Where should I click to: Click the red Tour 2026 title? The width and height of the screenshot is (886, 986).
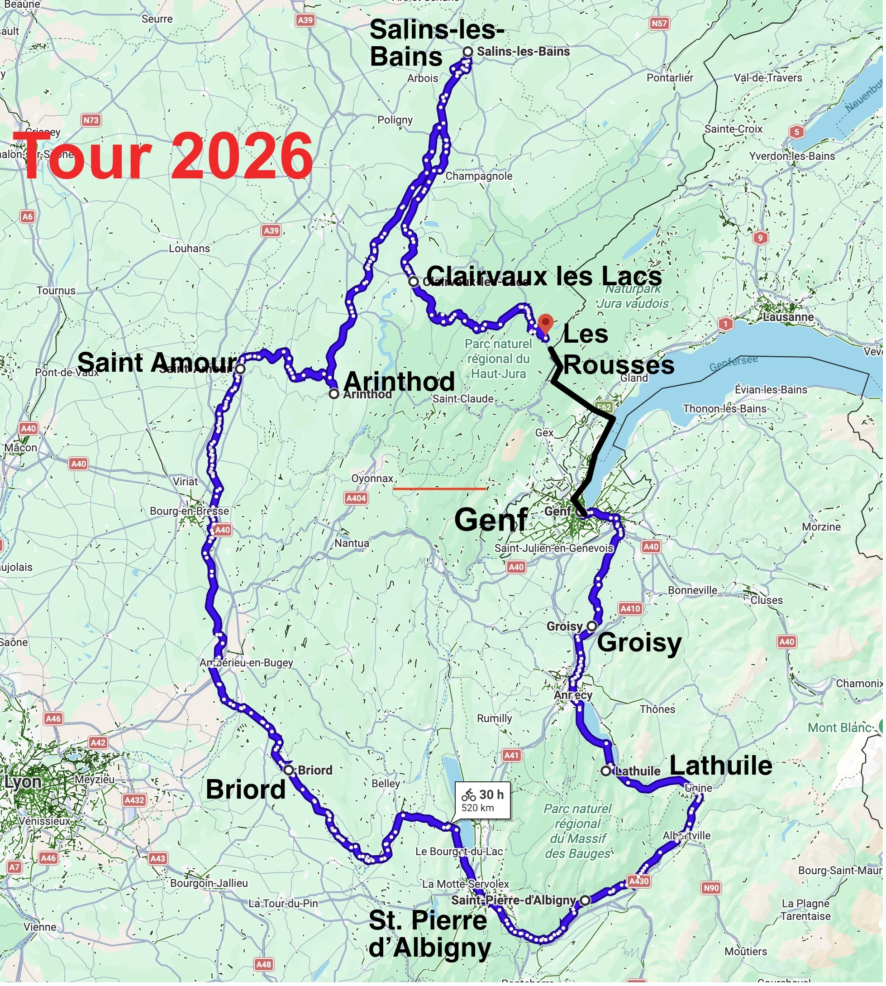click(163, 156)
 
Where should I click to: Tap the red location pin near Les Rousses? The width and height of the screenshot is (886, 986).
click(546, 323)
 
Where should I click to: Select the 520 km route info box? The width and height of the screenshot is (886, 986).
click(482, 800)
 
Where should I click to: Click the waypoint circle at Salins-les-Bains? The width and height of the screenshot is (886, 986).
click(468, 52)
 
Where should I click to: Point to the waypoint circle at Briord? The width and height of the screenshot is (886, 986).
click(289, 771)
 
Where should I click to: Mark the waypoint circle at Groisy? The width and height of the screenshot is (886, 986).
click(591, 626)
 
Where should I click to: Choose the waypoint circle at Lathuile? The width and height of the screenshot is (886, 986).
click(605, 771)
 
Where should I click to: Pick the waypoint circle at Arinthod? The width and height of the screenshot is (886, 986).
click(333, 394)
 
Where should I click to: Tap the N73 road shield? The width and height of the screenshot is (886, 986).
click(91, 120)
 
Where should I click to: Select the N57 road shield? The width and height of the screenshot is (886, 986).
click(659, 24)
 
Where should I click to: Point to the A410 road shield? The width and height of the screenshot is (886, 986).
click(630, 608)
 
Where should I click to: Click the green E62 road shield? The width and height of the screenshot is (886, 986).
click(604, 407)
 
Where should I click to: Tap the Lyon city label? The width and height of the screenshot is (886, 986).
click(23, 782)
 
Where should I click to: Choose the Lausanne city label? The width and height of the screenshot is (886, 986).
click(788, 317)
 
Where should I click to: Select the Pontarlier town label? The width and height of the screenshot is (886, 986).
click(670, 78)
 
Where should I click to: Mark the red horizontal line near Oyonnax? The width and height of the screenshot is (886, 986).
click(439, 488)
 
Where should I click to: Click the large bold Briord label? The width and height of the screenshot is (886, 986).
click(245, 789)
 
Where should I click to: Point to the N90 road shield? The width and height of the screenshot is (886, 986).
click(711, 888)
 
